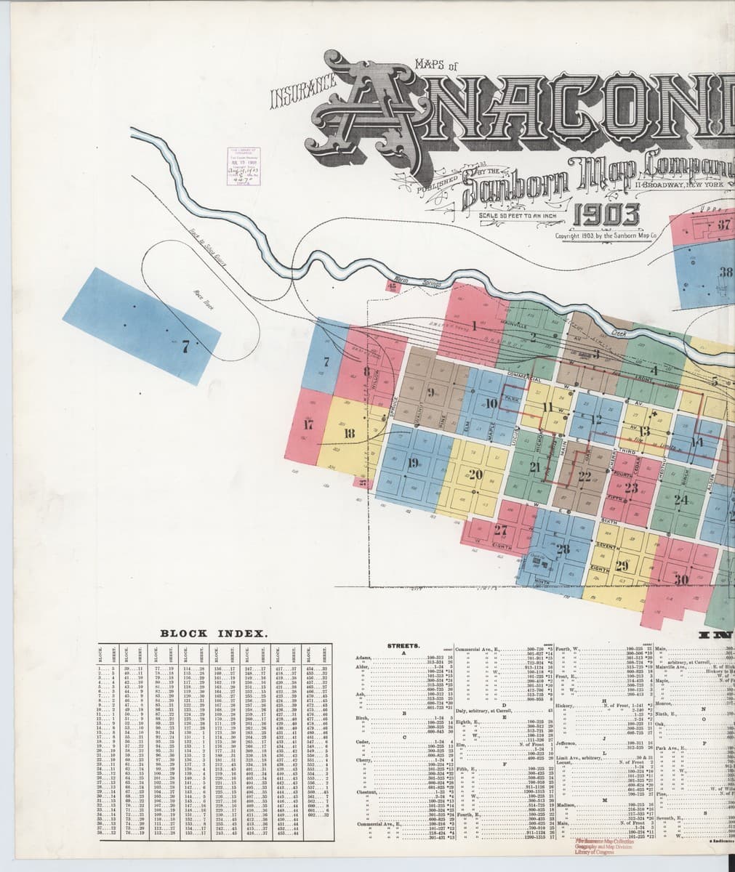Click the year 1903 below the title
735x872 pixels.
[608, 216]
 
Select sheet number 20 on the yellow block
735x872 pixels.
[477, 475]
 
